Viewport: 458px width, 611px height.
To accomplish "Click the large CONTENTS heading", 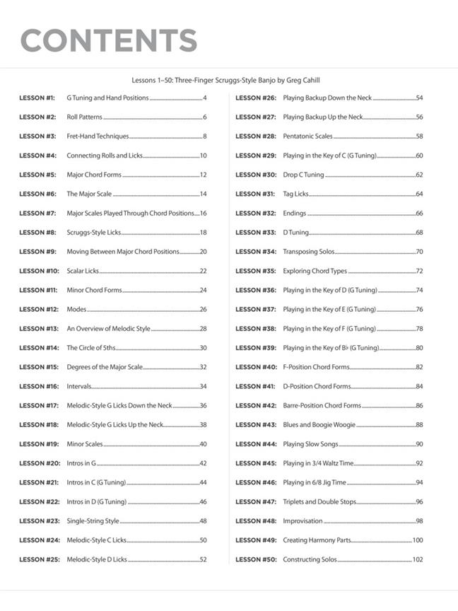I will [109, 40].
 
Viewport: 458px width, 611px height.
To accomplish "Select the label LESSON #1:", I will [37, 98].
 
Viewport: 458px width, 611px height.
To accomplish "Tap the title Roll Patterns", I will [84, 117].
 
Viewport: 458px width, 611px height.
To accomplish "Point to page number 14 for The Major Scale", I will [203, 194].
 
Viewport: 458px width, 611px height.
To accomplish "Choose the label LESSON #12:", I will [39, 309].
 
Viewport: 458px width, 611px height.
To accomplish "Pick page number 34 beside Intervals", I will [203, 386].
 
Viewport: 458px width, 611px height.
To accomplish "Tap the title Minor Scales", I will [85, 444].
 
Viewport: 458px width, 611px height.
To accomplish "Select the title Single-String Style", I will [93, 521].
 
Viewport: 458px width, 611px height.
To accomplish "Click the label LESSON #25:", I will [39, 559].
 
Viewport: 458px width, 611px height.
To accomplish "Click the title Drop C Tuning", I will [303, 175].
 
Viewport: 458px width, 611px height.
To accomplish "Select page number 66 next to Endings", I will [419, 213].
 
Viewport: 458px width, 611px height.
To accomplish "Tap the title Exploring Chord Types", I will [315, 271].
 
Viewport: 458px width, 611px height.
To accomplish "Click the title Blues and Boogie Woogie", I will [319, 425].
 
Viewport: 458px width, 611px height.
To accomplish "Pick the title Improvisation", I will [303, 521].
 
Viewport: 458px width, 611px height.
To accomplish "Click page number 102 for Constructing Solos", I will [418, 559].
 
